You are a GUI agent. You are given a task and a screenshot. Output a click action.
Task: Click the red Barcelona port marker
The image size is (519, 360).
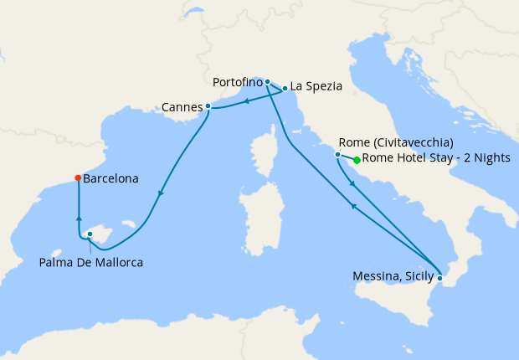pos(78,177)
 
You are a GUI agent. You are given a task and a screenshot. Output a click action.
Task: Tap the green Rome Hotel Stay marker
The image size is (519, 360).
pos(357,160)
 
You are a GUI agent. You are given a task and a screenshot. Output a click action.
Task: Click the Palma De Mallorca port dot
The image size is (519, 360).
pos(90,234)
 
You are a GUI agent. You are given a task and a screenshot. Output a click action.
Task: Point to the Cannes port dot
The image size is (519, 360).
pos(208,105)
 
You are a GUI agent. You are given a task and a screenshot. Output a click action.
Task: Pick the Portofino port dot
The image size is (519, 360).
pos(267,82)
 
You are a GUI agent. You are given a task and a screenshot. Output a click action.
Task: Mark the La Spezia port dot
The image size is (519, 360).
pos(285,88)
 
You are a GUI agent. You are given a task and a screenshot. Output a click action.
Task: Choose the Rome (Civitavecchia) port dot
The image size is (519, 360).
pos(337,155)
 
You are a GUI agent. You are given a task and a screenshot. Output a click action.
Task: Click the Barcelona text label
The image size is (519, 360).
pos(111,178)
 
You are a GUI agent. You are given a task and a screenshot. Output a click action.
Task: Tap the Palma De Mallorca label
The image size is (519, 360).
pos(91,263)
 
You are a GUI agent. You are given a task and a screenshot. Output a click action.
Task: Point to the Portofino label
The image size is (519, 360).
pos(238,83)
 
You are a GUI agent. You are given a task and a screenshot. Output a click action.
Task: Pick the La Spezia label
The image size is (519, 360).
pos(316,86)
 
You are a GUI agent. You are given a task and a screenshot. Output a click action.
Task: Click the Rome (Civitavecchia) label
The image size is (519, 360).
pos(397,141)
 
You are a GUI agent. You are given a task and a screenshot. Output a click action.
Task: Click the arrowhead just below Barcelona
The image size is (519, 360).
pos(78,219)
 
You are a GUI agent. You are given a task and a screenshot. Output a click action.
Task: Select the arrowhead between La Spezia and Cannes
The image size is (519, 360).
pos(247,102)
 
